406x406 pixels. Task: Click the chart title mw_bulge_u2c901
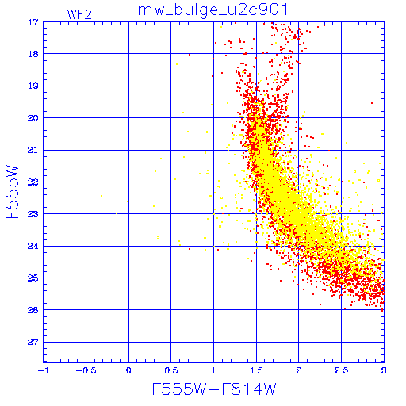point(213,10)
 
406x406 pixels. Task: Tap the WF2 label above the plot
point(79,14)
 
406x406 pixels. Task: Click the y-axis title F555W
point(12,192)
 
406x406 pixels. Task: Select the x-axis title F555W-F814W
point(214,389)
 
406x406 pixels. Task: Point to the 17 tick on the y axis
point(33,22)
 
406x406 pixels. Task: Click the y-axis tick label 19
point(33,86)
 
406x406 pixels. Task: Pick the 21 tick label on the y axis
point(33,150)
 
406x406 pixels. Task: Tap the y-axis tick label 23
point(33,214)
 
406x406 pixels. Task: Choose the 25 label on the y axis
point(33,278)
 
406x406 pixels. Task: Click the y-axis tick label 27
point(33,342)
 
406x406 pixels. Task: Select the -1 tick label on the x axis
point(44,370)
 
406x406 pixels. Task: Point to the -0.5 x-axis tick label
point(85,370)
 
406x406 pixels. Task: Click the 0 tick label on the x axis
point(128,370)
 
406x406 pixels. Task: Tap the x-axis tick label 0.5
point(171,370)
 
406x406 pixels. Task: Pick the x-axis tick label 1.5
point(256,370)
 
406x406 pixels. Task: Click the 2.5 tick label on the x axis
point(341,370)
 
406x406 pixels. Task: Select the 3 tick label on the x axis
point(384,370)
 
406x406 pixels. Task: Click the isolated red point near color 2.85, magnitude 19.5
point(372,103)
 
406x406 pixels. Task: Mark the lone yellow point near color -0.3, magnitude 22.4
point(101,196)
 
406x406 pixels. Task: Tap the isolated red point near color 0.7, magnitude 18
point(190,55)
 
